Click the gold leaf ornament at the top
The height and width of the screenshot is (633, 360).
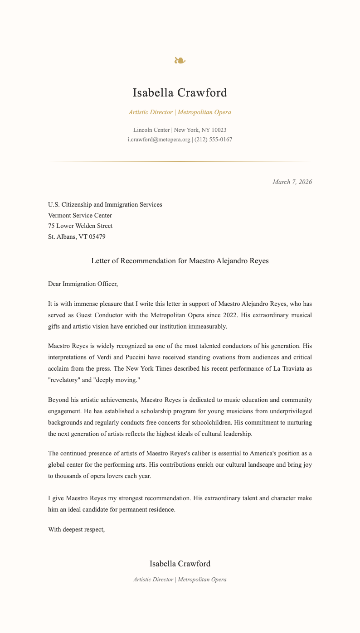tap(180, 60)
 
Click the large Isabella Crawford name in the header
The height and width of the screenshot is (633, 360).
tap(180, 93)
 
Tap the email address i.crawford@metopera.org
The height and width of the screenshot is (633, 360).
tap(159, 140)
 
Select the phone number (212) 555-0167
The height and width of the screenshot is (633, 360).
tap(213, 140)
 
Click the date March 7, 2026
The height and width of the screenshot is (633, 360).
tap(292, 182)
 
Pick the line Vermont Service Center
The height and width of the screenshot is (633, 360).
tap(80, 215)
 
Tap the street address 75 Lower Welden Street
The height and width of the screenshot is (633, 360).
tap(80, 226)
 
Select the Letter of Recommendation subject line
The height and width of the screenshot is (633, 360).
tap(180, 261)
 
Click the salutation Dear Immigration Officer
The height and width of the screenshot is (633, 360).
tap(83, 284)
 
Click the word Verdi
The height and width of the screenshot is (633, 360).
tap(102, 358)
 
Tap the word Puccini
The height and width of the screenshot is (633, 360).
tap(128, 358)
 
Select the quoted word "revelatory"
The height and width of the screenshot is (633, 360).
tap(65, 379)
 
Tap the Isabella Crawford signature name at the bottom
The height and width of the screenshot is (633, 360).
tap(180, 564)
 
